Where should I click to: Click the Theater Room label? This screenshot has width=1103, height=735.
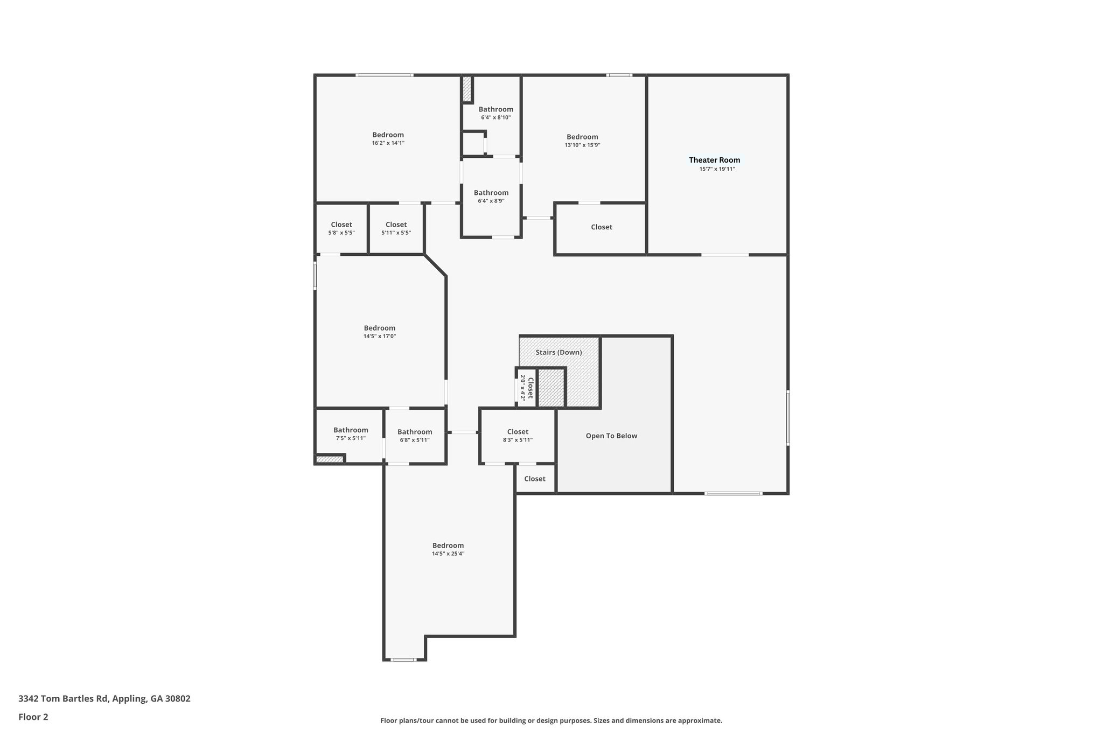(714, 160)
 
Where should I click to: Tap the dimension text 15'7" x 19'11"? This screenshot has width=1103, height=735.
(717, 169)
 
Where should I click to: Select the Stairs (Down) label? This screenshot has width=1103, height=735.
(559, 352)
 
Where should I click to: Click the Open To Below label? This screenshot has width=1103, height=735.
(611, 436)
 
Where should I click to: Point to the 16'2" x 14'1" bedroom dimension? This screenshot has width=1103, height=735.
(388, 143)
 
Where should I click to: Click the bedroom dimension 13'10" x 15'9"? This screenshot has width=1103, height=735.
(582, 145)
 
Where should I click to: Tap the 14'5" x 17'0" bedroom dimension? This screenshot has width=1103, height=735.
(379, 337)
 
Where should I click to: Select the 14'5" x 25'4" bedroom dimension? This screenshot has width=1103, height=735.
(448, 554)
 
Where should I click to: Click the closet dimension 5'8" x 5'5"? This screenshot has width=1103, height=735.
(341, 233)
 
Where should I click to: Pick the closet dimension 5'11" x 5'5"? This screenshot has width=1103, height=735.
(396, 233)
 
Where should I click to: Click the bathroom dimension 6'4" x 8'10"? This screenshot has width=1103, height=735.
(495, 117)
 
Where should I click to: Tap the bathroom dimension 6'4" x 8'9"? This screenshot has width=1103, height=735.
(491, 201)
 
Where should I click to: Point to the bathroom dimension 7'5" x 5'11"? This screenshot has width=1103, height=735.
(351, 438)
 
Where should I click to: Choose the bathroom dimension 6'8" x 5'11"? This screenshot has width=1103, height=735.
(415, 440)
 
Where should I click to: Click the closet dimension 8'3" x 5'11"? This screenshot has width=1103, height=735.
(518, 440)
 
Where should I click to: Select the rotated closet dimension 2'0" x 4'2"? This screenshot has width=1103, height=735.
(522, 388)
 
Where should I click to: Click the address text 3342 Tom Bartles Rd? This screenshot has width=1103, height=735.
(64, 698)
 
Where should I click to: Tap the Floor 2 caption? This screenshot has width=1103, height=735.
(33, 717)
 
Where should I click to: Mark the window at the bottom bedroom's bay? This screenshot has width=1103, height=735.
(403, 660)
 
